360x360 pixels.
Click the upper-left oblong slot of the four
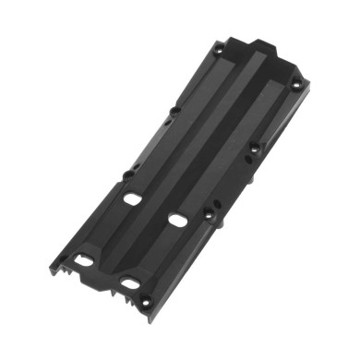tap(132, 198)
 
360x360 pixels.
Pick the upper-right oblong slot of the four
tap(176, 220)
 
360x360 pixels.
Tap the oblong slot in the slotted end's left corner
tap(84, 260)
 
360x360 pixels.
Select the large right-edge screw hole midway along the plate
tap(256, 146)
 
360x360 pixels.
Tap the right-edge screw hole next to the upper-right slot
tap(210, 215)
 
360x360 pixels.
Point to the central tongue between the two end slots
tap(103, 273)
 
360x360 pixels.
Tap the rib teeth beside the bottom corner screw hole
tap(120, 295)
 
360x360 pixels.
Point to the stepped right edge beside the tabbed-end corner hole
tap(300, 98)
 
